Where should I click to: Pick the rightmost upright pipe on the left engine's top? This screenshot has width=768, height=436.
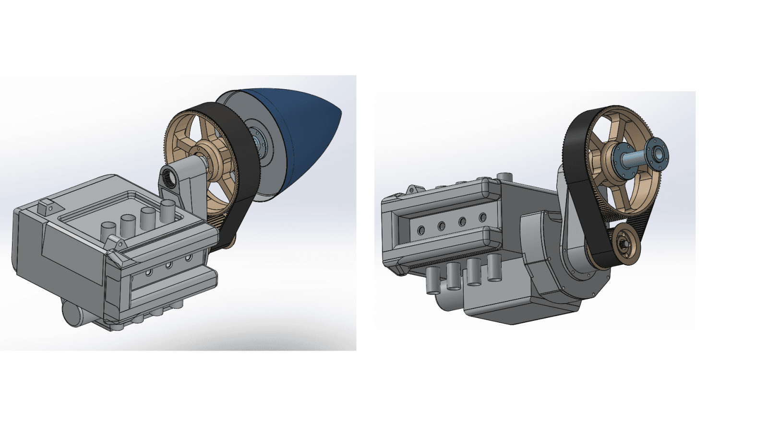tap(168, 211)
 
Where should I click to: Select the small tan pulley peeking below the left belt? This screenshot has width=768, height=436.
tap(229, 242)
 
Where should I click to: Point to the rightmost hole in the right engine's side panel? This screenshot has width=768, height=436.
tap(482, 218)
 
